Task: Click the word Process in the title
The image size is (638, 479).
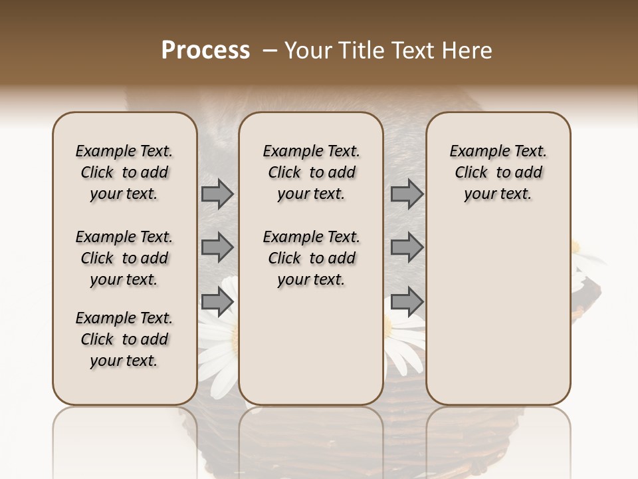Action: coord(205,51)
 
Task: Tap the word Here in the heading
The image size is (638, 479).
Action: coord(469,51)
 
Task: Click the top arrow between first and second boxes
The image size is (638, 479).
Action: coord(217,194)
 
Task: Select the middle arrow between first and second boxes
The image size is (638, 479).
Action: coord(217,247)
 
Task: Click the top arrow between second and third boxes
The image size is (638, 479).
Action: coord(407,194)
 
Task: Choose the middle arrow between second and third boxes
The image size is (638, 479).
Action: coord(407,247)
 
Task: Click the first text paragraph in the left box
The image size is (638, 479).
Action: coord(124,172)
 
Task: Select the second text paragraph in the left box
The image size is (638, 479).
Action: coord(124,258)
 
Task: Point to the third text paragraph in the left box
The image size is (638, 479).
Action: coord(124,339)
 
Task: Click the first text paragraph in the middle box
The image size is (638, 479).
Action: coord(311,172)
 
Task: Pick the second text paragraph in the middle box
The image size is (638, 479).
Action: coord(311,258)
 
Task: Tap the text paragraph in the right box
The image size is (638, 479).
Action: coord(498,172)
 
